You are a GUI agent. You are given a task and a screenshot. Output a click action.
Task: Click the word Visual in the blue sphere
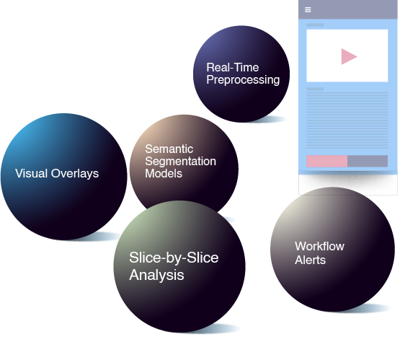pos(31,173)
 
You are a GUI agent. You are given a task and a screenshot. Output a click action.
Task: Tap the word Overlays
pos(75,174)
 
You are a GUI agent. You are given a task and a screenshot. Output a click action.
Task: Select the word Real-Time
pos(233,68)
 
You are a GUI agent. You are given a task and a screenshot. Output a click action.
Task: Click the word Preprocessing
pos(243,80)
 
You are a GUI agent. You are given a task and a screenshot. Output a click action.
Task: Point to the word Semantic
pos(169,149)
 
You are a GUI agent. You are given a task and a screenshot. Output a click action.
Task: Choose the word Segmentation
pos(180,162)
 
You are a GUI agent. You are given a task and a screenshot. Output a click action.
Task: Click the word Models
pos(164,174)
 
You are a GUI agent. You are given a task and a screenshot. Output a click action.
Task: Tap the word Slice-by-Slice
pos(174,258)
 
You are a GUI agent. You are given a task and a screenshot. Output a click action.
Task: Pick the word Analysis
pos(156,275)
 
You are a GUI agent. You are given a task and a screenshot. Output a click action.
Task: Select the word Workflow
pos(319,246)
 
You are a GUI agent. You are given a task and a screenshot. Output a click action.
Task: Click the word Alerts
pos(310,260)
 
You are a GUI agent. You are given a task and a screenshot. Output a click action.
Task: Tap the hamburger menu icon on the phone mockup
pos(308,10)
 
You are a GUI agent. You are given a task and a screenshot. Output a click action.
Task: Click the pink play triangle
pos(348,56)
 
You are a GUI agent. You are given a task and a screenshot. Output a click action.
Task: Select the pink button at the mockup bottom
pos(326,161)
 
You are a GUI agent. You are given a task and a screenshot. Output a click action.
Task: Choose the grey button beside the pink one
pos(368,161)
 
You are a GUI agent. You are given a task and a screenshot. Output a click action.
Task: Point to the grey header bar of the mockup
pos(348,9)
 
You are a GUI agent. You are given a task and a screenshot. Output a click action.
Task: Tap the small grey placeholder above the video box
pos(315,25)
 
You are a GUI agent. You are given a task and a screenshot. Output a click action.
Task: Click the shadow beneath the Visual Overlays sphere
pos(99,237)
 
